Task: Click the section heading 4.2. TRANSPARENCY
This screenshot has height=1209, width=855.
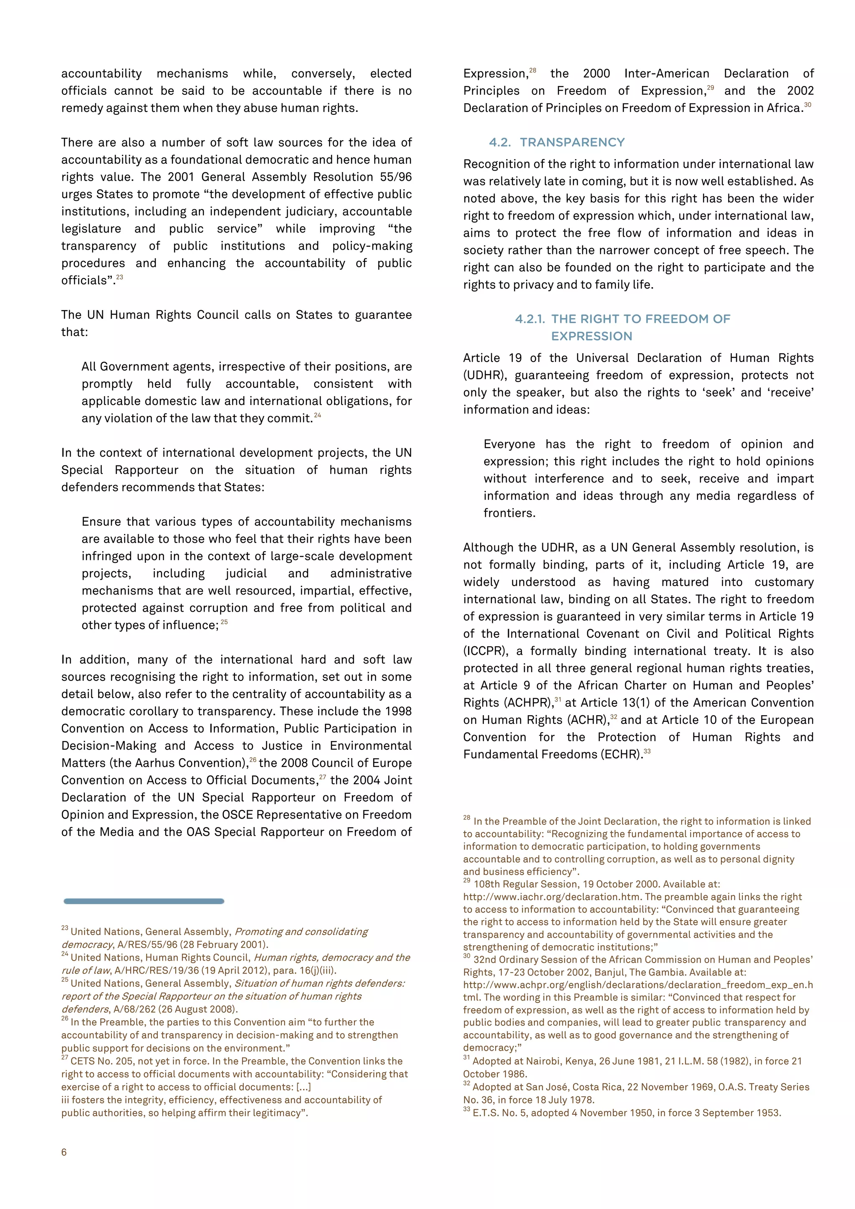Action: (x=557, y=142)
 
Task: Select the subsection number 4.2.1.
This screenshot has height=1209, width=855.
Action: (x=530, y=319)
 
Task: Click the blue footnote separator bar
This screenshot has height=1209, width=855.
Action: (x=144, y=901)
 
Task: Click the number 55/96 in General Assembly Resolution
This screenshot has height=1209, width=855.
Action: (x=395, y=177)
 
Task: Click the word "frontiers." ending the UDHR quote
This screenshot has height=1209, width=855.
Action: (x=509, y=513)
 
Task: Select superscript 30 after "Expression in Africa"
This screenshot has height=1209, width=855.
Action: (x=808, y=105)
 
